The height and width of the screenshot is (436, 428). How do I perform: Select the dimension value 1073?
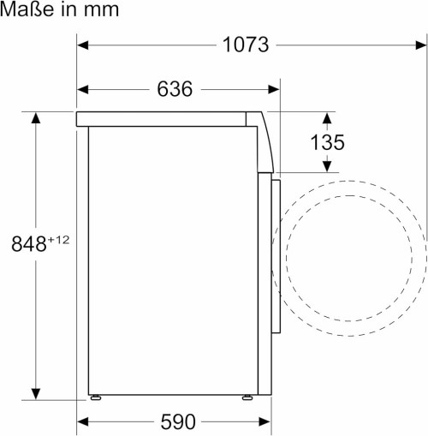[x=247, y=45]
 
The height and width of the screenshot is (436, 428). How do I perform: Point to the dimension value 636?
[x=175, y=88]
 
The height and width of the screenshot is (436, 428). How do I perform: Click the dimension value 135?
[x=327, y=142]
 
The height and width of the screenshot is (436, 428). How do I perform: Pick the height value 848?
[x=28, y=244]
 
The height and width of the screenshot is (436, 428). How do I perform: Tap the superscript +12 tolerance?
[x=57, y=239]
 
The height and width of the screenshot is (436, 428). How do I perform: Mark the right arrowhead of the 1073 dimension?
[x=420, y=45]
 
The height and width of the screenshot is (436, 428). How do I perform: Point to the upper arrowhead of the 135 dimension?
[x=327, y=116]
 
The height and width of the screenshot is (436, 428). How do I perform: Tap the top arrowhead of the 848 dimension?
[x=36, y=117]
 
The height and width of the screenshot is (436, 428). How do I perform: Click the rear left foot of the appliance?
[x=95, y=397]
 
